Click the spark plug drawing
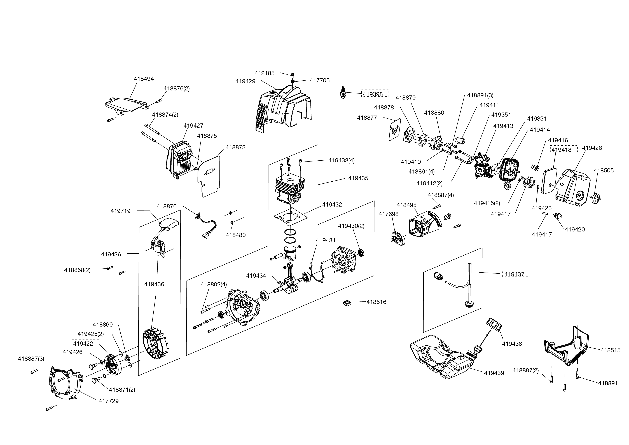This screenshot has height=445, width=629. [x=342, y=93]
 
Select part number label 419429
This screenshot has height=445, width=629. [x=245, y=81]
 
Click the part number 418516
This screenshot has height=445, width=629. [x=376, y=302]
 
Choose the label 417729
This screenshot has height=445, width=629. [x=109, y=401]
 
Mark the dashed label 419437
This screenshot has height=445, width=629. [x=516, y=274]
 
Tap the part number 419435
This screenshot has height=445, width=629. [x=358, y=178]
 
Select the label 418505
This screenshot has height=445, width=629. [x=604, y=170]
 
